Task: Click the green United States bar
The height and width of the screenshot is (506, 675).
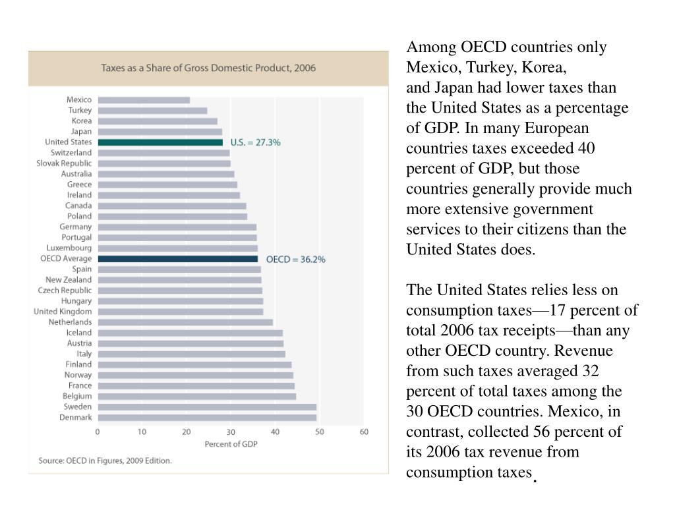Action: coord(160,142)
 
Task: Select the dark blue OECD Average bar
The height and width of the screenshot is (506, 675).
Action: coord(178,259)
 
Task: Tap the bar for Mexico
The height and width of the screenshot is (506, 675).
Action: coord(144,100)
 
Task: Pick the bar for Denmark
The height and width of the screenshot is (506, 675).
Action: coord(207,418)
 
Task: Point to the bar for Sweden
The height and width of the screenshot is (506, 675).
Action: coord(207,407)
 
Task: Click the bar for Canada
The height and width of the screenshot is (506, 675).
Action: coord(172,206)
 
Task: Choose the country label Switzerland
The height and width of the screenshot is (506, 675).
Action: coord(71,153)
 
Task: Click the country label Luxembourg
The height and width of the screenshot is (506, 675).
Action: coord(69,248)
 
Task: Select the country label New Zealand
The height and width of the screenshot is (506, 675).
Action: coord(69,279)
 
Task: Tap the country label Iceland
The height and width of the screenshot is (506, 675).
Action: coord(79,333)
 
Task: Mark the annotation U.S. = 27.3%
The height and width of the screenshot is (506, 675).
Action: coord(255,142)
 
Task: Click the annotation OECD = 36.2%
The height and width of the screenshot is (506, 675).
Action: coord(296,260)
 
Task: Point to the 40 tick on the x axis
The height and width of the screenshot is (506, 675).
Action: coord(275,432)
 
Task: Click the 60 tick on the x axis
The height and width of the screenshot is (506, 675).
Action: coord(364,432)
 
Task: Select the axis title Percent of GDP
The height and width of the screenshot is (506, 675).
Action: coord(231,444)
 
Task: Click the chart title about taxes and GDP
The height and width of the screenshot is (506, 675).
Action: coord(208,68)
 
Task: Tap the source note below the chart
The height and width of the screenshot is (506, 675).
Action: coord(105,461)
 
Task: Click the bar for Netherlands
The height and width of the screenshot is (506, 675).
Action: coord(185,322)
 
